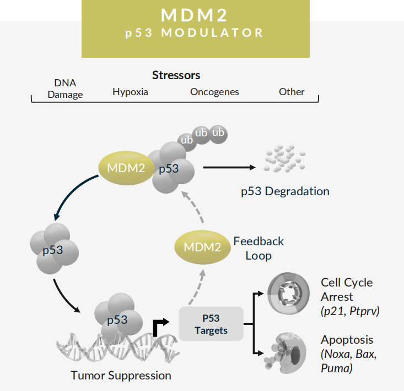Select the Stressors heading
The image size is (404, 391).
pos(176,75)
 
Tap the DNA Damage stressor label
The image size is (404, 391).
pos(65,89)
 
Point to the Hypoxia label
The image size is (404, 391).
pos(130,92)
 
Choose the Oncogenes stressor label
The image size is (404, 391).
pos(214,92)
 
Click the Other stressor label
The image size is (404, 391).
pos(292,92)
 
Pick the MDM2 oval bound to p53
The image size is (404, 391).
pos(127,168)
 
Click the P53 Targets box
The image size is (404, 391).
pos(211,324)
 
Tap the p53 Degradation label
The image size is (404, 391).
pos(285,191)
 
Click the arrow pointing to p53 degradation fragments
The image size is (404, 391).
pos(229,167)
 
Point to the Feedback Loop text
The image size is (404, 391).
pos(258,249)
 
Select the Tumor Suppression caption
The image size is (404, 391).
pos(121,376)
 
